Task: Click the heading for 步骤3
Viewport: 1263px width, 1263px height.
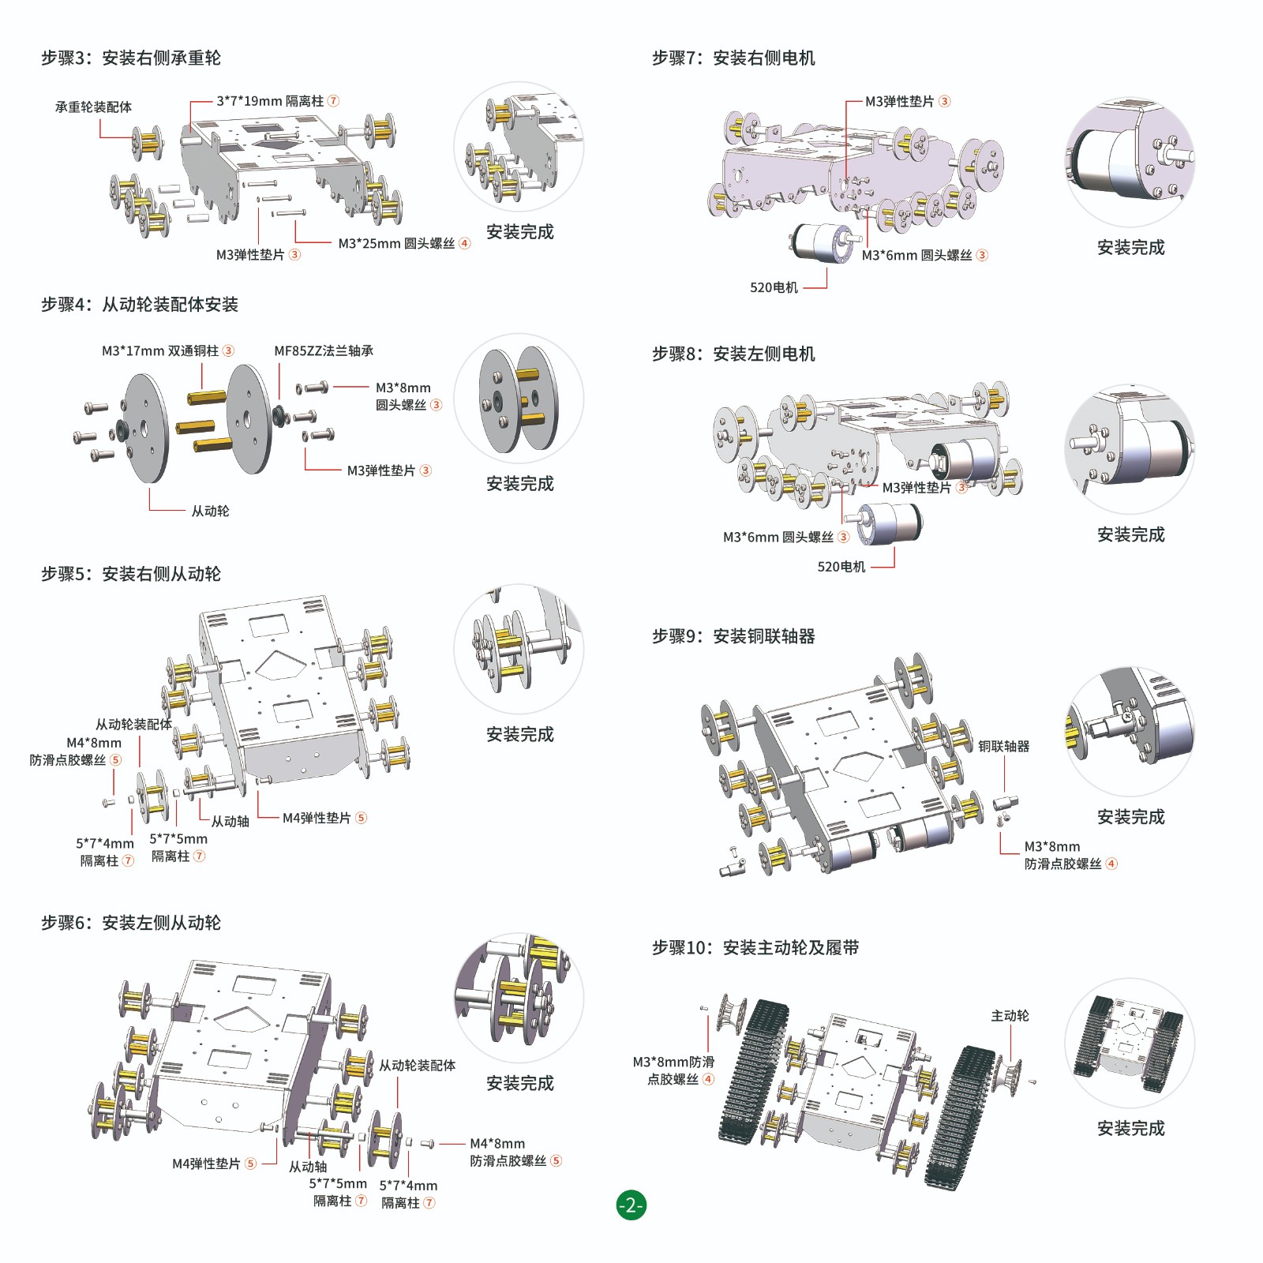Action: click(x=131, y=58)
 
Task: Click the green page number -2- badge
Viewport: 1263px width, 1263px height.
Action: click(x=631, y=1205)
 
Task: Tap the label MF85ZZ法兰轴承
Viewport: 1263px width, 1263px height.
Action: click(x=324, y=350)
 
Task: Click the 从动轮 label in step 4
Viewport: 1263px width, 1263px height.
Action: click(x=210, y=511)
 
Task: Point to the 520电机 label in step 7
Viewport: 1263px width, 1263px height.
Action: click(x=774, y=287)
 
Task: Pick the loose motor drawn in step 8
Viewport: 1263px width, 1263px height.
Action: click(x=888, y=523)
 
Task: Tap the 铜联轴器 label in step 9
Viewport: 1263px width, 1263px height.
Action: click(x=1003, y=746)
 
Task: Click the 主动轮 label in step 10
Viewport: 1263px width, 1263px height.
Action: click(x=1010, y=1016)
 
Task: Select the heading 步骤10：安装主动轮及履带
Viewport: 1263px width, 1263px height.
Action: click(x=755, y=947)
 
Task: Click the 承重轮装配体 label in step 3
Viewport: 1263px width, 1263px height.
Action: click(x=93, y=107)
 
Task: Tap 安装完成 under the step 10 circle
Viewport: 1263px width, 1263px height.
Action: click(x=1130, y=1128)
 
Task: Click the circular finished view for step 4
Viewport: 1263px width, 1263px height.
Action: click(x=519, y=399)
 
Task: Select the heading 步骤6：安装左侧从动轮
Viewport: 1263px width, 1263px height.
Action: click(x=131, y=922)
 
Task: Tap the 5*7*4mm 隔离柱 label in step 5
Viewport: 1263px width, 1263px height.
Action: click(x=105, y=852)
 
